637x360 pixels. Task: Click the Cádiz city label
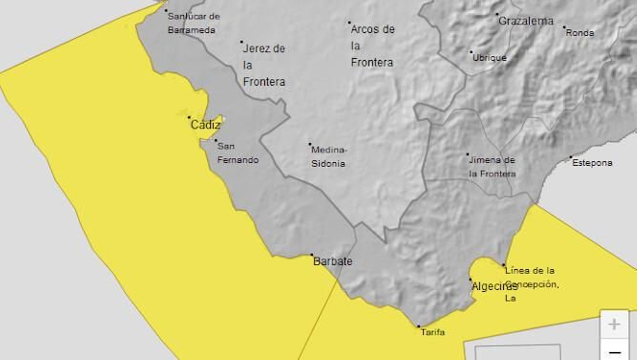click(x=205, y=125)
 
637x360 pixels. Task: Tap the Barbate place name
click(x=333, y=261)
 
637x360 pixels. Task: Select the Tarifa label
click(x=433, y=332)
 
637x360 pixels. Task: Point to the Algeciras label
click(x=494, y=286)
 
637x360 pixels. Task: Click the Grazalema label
click(x=526, y=21)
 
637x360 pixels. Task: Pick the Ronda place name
click(x=580, y=33)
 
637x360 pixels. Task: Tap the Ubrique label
click(x=489, y=58)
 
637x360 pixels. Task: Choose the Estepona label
click(x=592, y=162)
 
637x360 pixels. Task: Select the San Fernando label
click(x=238, y=153)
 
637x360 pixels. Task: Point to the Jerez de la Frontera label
click(x=264, y=65)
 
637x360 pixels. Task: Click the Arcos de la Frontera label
click(x=373, y=45)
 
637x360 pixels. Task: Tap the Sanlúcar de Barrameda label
click(x=193, y=23)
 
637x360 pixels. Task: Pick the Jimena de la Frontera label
click(x=492, y=166)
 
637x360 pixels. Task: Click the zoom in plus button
click(x=614, y=324)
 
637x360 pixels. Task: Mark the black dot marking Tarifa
click(x=418, y=326)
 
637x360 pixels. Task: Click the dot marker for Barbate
click(x=312, y=254)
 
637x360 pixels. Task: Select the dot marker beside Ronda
click(x=564, y=27)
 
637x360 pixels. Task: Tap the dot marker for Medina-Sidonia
click(x=310, y=144)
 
